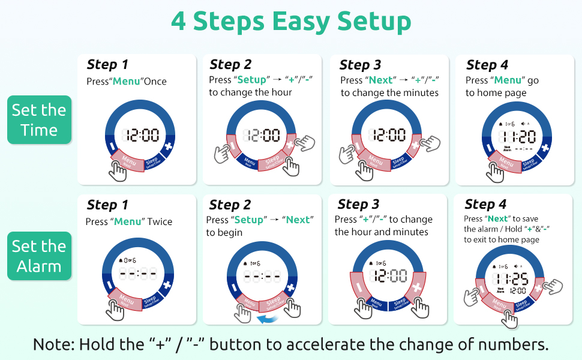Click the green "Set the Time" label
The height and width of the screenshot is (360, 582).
tap(39, 120)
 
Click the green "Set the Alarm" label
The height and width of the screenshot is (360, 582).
tap(39, 256)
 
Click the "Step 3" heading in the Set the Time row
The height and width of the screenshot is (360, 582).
tap(360, 65)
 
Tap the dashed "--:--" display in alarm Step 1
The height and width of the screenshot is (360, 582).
tap(139, 275)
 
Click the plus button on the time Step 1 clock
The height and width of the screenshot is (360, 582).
tap(168, 146)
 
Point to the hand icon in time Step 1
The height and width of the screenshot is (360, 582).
tap(119, 171)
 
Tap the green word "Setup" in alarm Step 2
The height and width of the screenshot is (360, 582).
tap(249, 220)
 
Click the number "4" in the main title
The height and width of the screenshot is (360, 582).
tap(179, 22)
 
